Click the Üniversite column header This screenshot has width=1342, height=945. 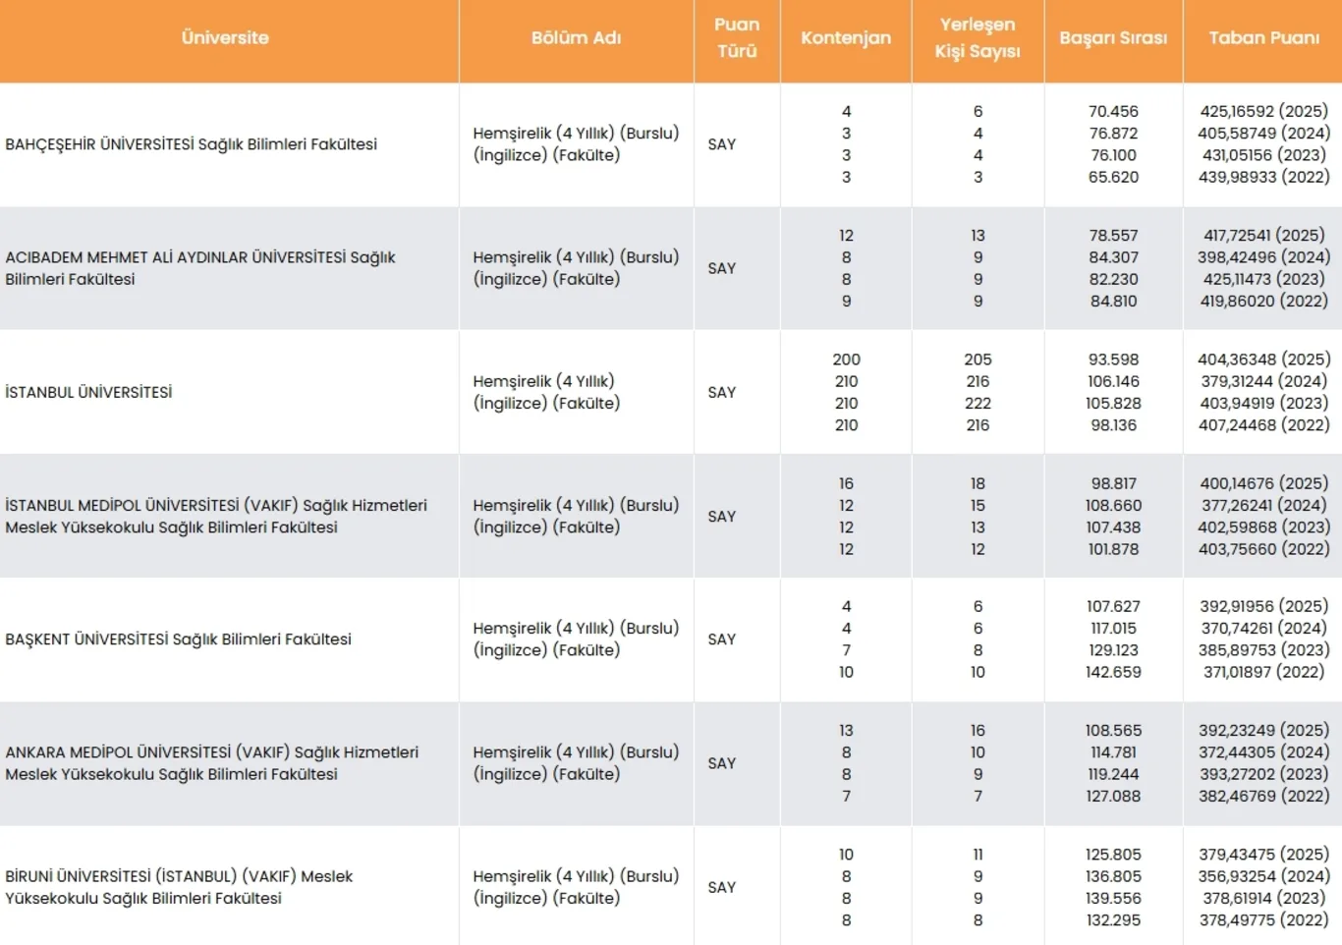[225, 37]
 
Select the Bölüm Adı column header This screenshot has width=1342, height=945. [576, 37]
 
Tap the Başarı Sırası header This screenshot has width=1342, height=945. [1113, 37]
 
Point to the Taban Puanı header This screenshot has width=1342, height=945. [1264, 37]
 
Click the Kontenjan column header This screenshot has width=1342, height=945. [846, 37]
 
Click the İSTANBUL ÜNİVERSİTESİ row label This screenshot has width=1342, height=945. [88, 392]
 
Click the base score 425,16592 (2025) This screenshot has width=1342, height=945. [1264, 111]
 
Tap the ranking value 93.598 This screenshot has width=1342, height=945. [1113, 360]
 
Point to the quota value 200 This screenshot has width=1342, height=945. [846, 360]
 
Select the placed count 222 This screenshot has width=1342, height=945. [978, 403]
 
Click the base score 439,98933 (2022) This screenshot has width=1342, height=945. [1264, 177]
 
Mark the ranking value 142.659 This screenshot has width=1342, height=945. [1113, 672]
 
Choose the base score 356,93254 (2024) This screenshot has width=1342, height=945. [1264, 876]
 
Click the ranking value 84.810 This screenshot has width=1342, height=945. [1113, 301]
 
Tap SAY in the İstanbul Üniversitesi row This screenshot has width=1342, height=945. [721, 392]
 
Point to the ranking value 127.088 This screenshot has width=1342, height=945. [1113, 796]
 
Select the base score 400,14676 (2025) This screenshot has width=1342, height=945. [1264, 483]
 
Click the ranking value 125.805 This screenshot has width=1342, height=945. [1113, 855]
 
